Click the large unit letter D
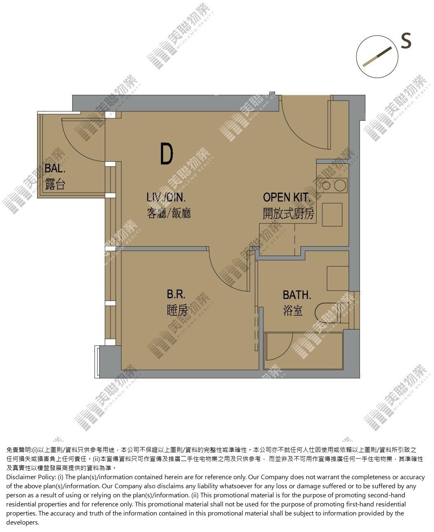pos(167,154)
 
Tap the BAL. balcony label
pos(55,168)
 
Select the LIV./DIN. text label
pos(166,197)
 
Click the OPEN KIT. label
pos(286,197)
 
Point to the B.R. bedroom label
pos(176,294)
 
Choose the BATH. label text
pos(297,295)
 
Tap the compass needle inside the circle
pos(377,56)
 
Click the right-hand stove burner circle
pos(340,186)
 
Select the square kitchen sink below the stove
pos(332,215)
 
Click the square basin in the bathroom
pos(338,278)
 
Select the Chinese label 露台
pos(55,184)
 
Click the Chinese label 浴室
pos(293,311)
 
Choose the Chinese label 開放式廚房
pos(289,213)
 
